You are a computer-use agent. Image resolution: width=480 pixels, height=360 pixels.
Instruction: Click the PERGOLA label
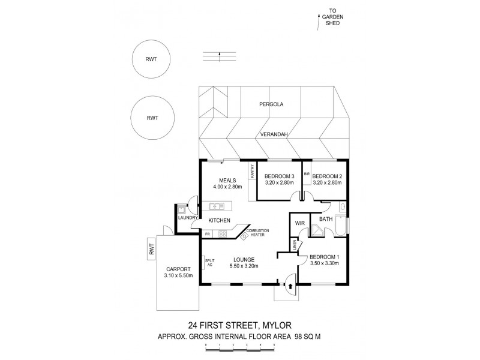coord(271,104)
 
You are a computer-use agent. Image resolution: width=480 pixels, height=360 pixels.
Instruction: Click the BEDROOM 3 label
coord(279,176)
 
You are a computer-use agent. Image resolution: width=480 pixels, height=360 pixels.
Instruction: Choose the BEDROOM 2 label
coord(326,176)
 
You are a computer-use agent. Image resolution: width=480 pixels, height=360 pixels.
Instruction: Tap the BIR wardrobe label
coord(306,173)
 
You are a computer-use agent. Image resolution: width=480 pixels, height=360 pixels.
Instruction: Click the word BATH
coord(325,220)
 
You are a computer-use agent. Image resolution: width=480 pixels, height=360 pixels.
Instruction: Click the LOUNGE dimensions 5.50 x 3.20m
coord(242,267)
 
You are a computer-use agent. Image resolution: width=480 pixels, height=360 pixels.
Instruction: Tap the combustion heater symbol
coord(244,236)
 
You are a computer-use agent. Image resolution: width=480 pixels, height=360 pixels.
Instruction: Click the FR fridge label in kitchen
coord(208,233)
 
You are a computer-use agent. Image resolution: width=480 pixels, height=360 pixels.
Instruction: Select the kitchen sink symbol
coord(216,206)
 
